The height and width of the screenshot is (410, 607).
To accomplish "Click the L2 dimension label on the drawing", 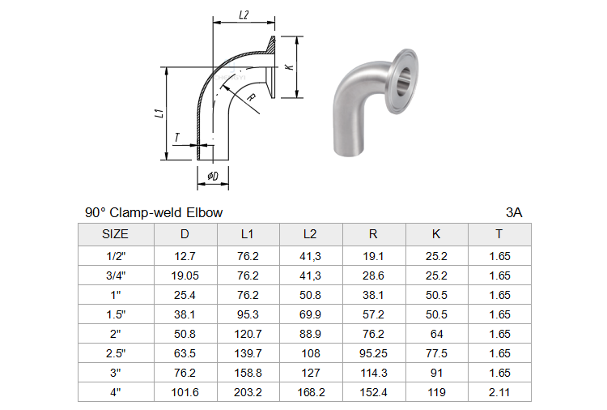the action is coord(244,15).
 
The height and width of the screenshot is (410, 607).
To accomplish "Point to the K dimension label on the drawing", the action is coord(289,66).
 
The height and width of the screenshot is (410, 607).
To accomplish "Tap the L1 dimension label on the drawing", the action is coord(159,113).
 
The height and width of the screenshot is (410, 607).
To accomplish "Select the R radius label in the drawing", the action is coord(252,97).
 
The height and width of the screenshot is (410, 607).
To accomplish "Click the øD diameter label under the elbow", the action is coord(213,177).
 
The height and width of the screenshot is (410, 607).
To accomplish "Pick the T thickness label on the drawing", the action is coord(177,137).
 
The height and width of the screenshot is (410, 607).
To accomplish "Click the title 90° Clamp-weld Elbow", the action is coord(154,212).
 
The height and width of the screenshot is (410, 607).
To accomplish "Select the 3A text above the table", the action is coord(514,212).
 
